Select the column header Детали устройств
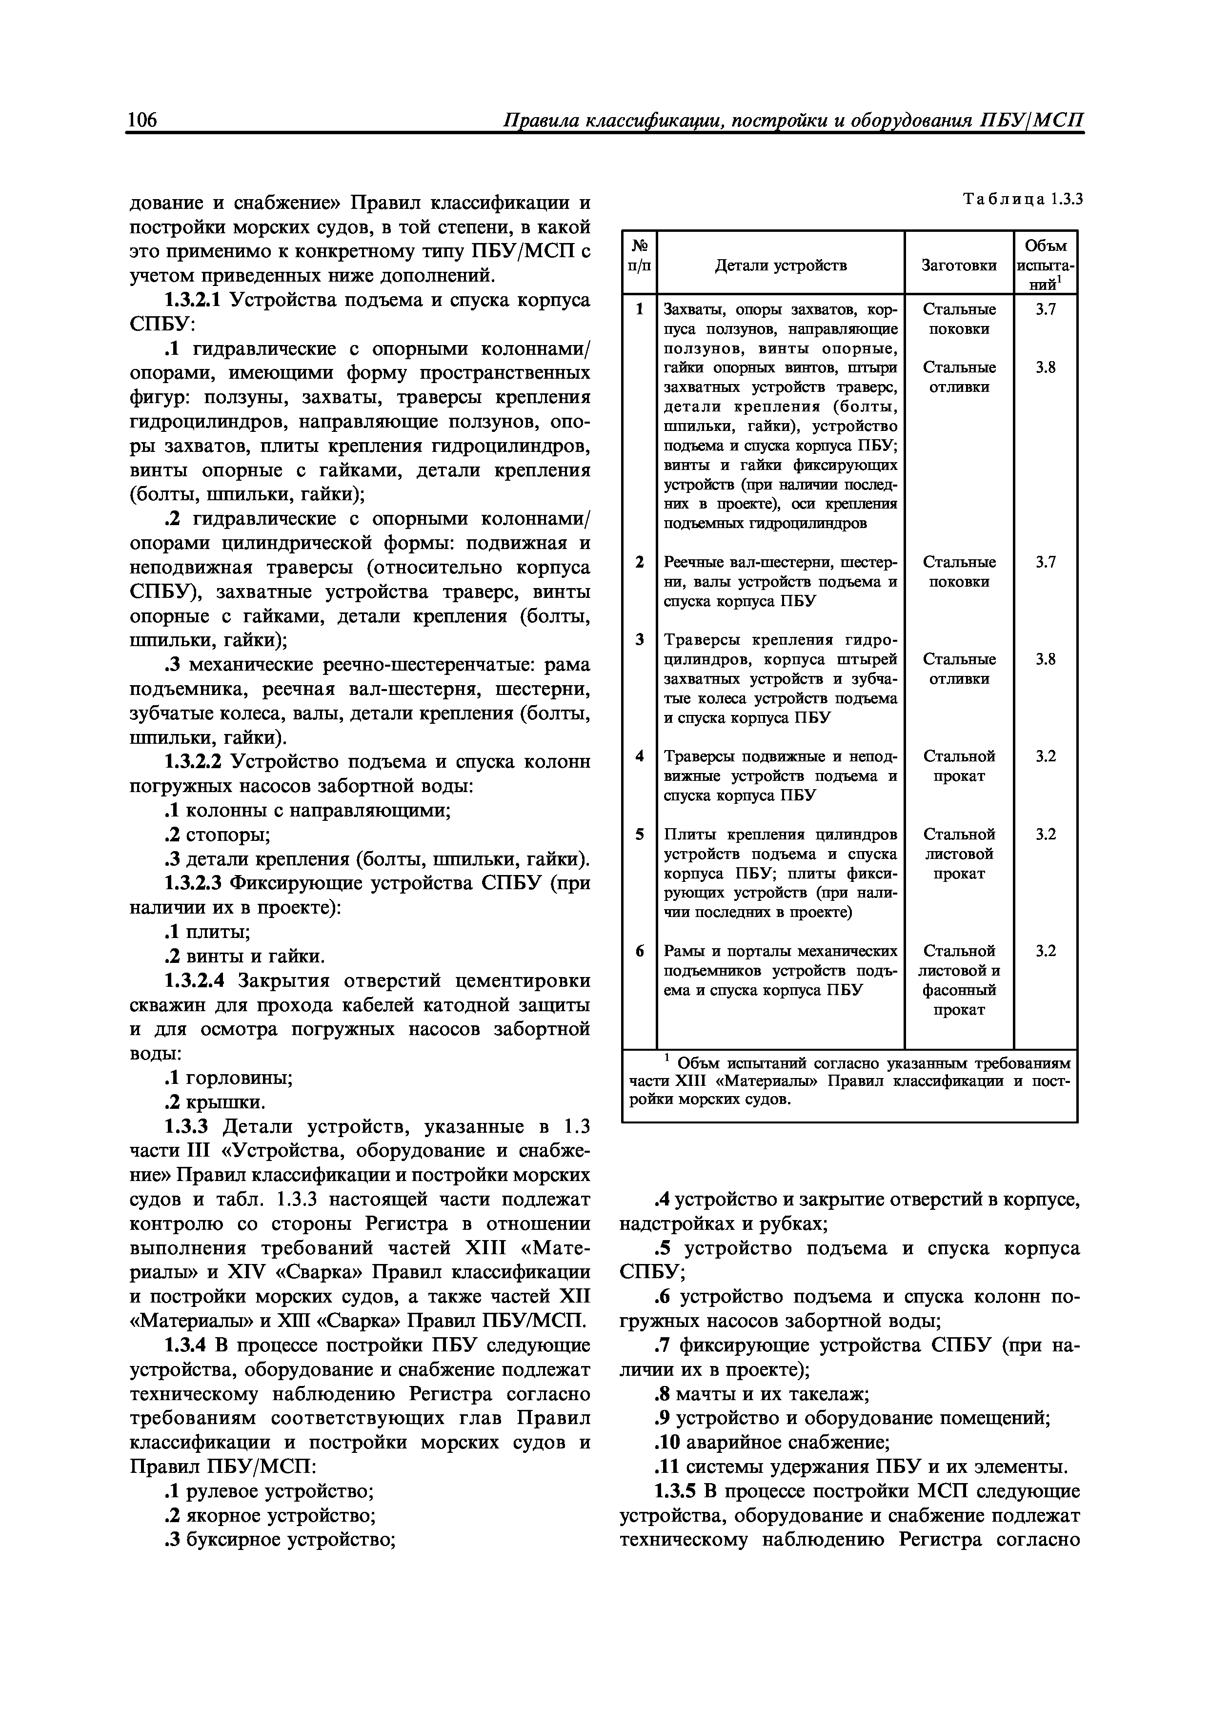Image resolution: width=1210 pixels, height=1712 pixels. [781, 265]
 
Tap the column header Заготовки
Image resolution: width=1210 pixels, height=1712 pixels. [959, 265]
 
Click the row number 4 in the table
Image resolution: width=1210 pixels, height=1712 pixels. [639, 756]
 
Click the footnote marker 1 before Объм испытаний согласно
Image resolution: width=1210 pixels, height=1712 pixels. [668, 1058]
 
